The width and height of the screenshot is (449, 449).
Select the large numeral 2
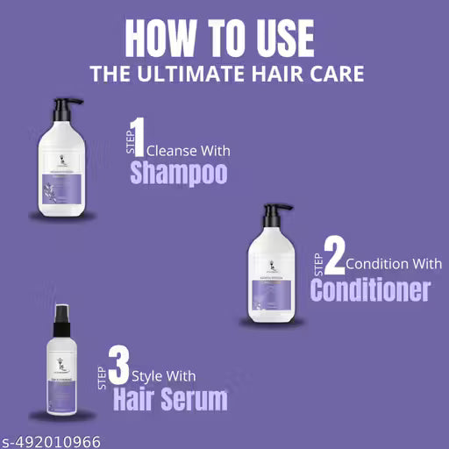coord(332,254)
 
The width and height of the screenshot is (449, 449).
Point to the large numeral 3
coord(120,367)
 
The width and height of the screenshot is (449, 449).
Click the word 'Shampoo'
coord(179,172)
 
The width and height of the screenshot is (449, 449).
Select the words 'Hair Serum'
coord(169,400)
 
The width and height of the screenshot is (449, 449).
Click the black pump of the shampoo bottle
coord(64,110)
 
